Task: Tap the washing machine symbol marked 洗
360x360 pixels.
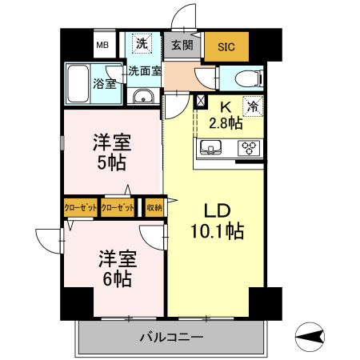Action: pos(142,43)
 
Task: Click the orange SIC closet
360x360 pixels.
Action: pos(226,46)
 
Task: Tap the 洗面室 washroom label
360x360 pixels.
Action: pos(146,70)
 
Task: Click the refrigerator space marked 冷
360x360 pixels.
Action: pos(254,105)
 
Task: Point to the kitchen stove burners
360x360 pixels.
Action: pos(249,147)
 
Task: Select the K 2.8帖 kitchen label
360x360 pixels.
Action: pos(226,114)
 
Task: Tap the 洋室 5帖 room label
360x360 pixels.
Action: pos(111,150)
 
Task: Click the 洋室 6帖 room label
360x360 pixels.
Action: pos(117,270)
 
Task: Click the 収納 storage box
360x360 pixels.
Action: pos(154,207)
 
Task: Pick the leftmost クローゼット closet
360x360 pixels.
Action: pos(81,207)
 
